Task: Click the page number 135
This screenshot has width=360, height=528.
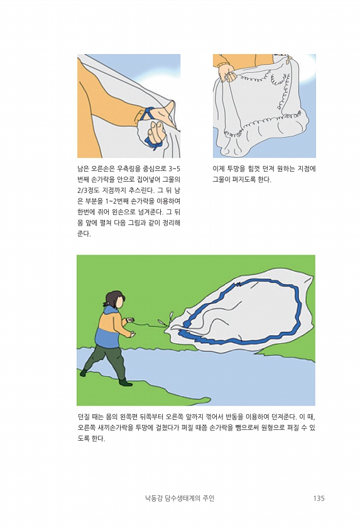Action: pos(319,498)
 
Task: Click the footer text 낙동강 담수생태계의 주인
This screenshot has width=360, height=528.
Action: pos(180,498)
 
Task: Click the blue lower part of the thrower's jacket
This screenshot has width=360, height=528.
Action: pos(107,337)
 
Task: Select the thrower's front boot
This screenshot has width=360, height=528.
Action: pos(125,383)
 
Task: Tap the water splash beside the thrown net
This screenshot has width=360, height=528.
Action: pos(165,319)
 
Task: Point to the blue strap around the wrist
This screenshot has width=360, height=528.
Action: pos(145,114)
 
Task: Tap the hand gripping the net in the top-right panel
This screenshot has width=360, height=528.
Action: pos(227,72)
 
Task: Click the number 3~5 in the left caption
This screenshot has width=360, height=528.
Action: pos(173,168)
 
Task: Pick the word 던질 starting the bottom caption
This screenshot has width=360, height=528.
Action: pos(84,417)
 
